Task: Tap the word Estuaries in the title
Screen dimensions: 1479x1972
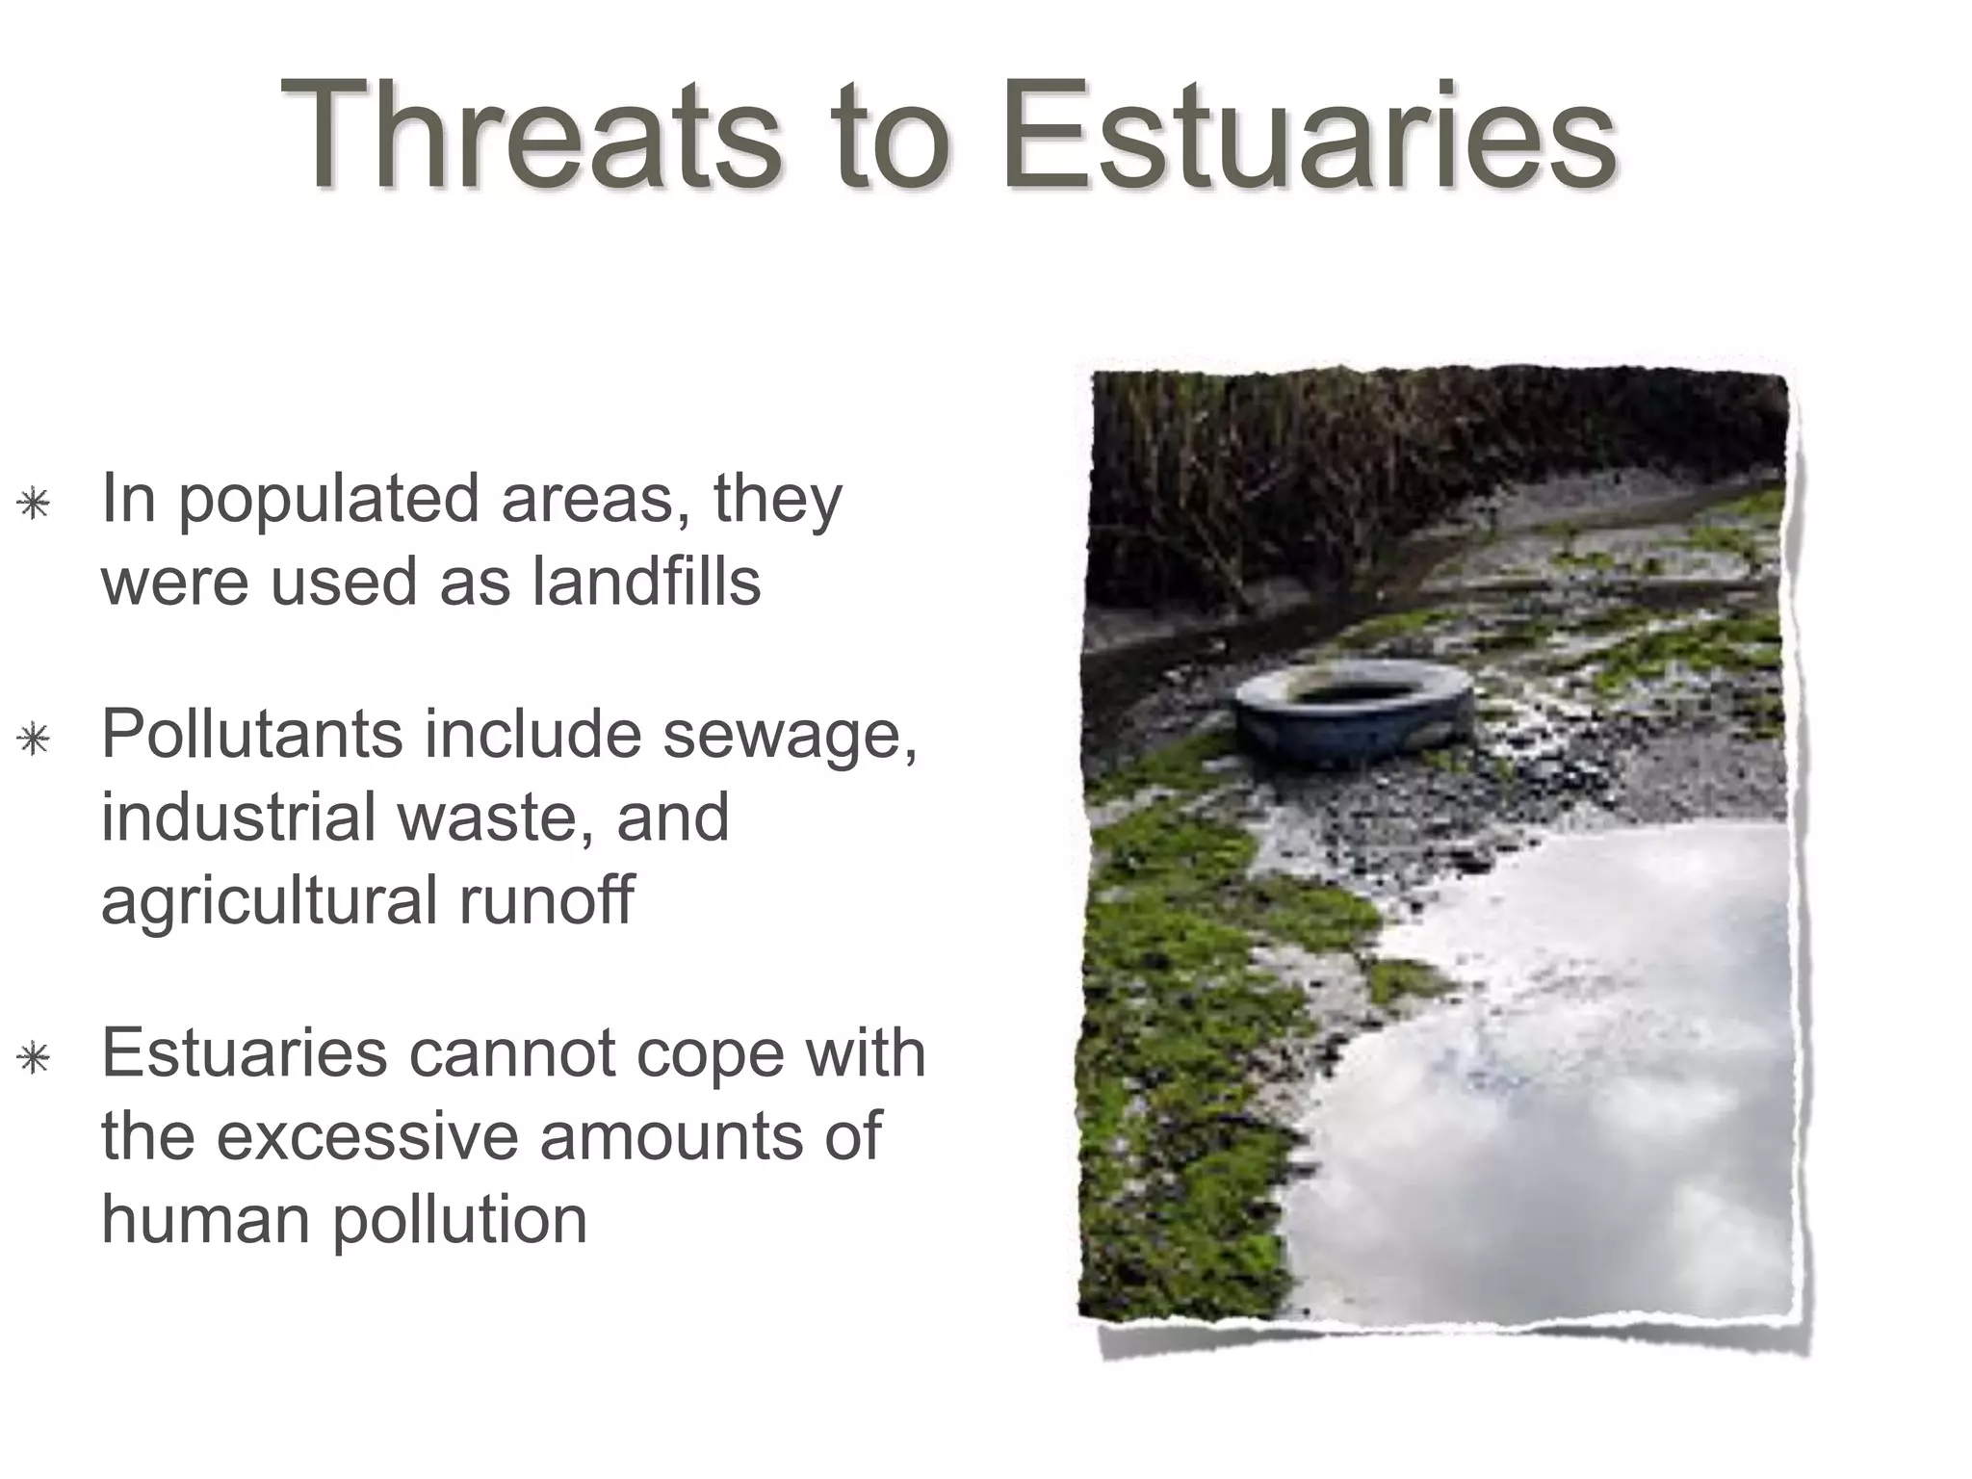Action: [x=1308, y=135]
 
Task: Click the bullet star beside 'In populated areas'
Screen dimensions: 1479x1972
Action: [x=35, y=504]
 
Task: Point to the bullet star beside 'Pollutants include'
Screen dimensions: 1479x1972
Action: [x=35, y=739]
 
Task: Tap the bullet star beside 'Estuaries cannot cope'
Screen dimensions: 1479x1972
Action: [x=35, y=1058]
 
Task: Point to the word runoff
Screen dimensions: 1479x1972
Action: [x=546, y=899]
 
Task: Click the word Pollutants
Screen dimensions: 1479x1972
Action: [x=251, y=734]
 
